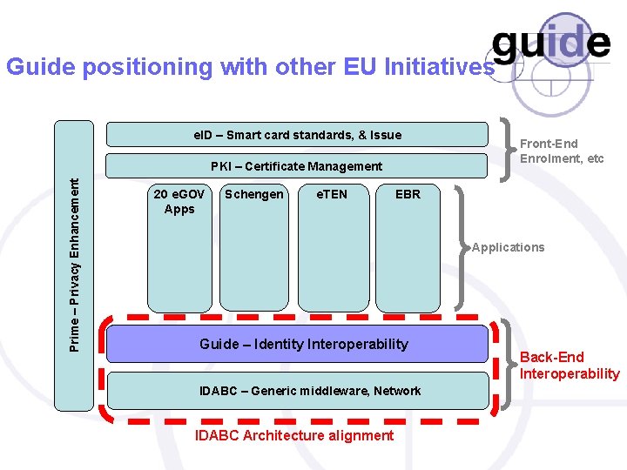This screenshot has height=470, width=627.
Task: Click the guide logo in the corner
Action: [550, 44]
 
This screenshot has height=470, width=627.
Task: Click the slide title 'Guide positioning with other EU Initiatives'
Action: [249, 67]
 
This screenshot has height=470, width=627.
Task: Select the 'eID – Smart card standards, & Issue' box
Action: [297, 135]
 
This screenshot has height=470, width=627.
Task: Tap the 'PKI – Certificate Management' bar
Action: [297, 165]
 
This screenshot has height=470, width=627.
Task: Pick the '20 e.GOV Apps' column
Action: [179, 248]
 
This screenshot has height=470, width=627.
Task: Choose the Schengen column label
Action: [253, 194]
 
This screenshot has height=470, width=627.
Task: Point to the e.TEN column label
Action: [331, 194]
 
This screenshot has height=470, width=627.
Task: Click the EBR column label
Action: [408, 194]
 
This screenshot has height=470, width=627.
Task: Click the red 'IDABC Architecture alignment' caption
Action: [294, 435]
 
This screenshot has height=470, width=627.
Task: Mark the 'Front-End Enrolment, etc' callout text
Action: [561, 151]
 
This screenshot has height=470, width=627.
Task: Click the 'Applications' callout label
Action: [509, 247]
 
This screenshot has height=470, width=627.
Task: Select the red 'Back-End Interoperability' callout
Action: [569, 366]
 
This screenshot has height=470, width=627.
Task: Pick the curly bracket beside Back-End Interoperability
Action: [508, 364]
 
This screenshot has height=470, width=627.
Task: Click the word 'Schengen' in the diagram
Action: [253, 194]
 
